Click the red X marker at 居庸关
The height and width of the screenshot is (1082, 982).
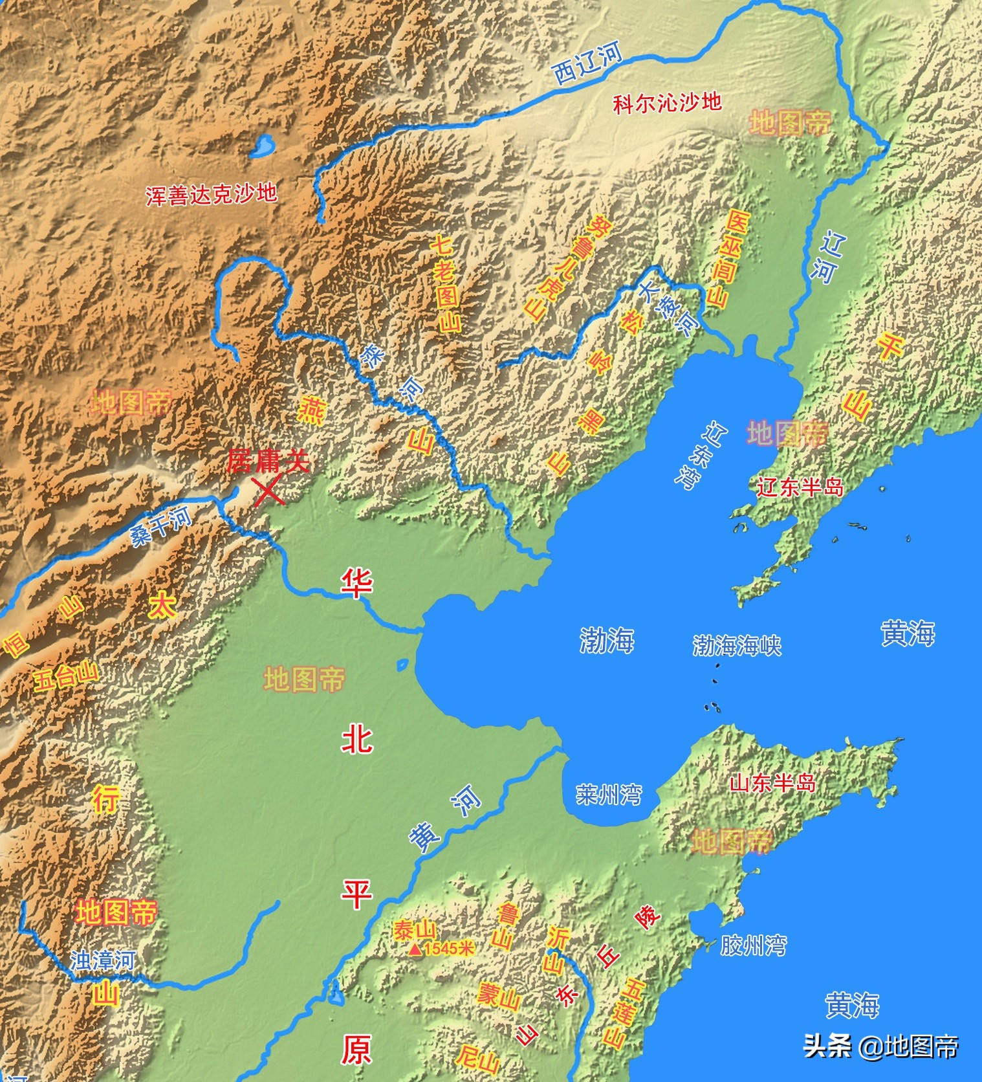click(268, 491)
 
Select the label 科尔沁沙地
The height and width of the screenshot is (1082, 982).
click(667, 102)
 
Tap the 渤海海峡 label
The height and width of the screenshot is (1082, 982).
click(737, 645)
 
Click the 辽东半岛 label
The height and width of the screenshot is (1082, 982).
click(800, 487)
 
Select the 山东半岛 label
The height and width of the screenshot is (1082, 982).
click(772, 783)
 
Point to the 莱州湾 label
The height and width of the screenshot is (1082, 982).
click(609, 794)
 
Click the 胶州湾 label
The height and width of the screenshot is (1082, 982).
click(753, 945)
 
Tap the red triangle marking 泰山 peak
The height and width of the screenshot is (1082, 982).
click(414, 949)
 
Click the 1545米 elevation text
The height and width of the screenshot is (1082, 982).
click(449, 949)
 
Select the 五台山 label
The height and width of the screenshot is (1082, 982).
click(66, 677)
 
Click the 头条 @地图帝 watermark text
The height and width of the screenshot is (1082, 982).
click(880, 1045)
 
